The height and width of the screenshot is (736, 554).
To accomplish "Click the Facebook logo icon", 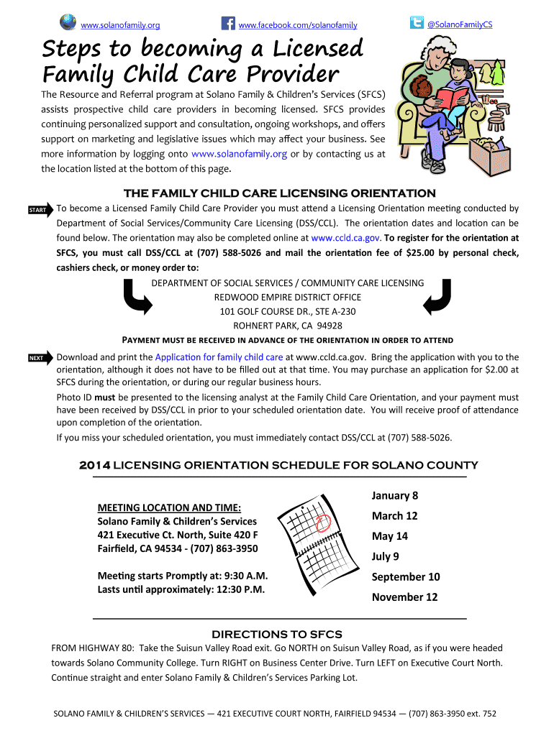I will pos(229,24).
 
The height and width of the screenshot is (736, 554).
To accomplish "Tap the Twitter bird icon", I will pos(416,22).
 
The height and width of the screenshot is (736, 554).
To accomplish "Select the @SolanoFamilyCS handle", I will pos(460,25).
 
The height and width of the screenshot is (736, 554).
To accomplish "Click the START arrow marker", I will pos(40,210).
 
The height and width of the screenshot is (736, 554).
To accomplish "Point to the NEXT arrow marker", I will pos(40,358).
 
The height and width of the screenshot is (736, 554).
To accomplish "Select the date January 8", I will pos(395,495).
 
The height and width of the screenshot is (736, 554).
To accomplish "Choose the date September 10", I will pos(406,576).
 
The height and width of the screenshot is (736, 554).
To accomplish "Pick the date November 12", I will pos(404,597).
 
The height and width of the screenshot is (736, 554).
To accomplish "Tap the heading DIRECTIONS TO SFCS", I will pos(276,634).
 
